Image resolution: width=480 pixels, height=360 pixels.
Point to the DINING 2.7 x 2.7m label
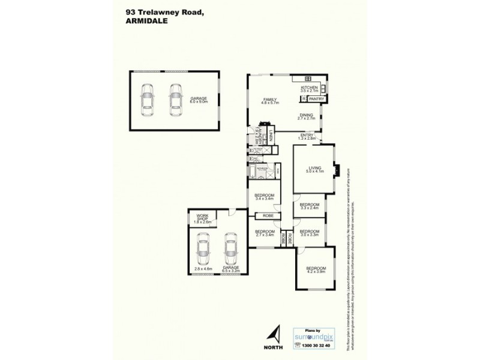pos(307,118)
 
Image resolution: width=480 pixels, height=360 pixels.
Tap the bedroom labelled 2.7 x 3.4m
pos(264,233)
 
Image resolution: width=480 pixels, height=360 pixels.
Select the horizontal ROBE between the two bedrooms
pos(268,215)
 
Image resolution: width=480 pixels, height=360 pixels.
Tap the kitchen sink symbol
pos(308,79)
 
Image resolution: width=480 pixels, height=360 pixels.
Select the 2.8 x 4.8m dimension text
pos(203,269)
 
